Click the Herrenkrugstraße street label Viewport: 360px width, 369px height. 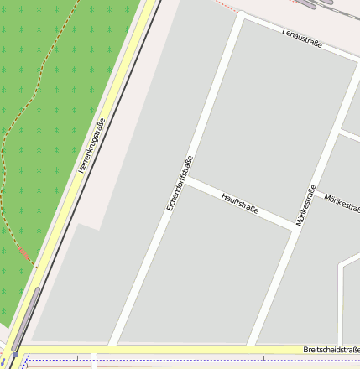click(91, 145)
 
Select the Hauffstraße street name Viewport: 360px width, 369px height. click(239, 203)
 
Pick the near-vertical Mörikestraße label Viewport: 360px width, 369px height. click(305, 205)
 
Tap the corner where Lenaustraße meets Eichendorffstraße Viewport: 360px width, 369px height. click(242, 17)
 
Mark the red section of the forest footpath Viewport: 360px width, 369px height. click(24, 252)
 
